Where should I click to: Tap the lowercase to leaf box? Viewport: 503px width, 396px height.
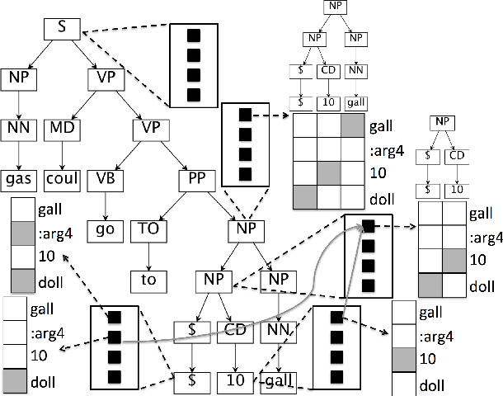pos(149,280)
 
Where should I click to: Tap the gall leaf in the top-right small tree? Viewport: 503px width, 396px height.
pos(355,103)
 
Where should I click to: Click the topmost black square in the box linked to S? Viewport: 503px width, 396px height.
pos(195,36)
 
